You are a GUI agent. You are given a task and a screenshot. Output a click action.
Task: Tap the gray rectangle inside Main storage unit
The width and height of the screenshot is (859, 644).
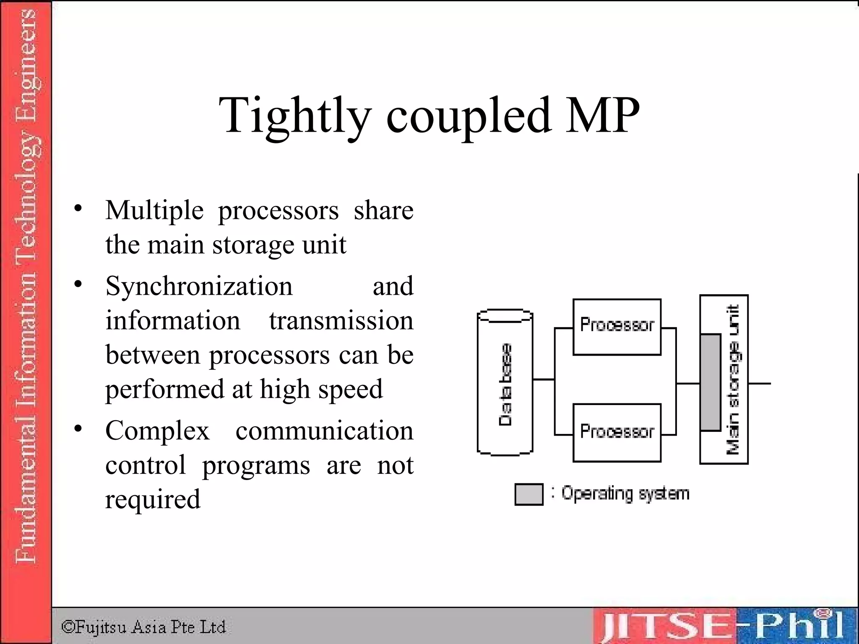[x=711, y=382]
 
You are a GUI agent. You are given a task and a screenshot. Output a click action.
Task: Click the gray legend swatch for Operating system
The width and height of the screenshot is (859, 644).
[x=528, y=494]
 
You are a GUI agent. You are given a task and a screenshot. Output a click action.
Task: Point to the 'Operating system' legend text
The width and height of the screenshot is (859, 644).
[x=625, y=493]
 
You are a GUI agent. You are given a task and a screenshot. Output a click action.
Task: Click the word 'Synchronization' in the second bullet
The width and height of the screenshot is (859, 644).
[x=199, y=286]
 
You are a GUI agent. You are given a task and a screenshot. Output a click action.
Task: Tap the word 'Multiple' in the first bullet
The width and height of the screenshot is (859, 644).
[x=154, y=210]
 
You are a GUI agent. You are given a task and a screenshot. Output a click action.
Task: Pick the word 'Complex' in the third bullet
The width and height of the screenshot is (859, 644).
[x=157, y=431]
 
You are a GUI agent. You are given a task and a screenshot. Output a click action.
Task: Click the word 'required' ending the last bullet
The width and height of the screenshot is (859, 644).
[x=153, y=499]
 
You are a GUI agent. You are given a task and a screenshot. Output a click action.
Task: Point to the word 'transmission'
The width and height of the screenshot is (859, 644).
[x=341, y=321]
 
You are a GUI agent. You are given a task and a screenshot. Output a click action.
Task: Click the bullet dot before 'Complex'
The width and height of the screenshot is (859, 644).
[x=78, y=428]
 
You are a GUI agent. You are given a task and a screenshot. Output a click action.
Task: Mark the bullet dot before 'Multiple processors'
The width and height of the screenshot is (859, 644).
[x=78, y=208]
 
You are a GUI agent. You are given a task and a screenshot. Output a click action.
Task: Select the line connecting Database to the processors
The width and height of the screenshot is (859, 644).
[x=544, y=379]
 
